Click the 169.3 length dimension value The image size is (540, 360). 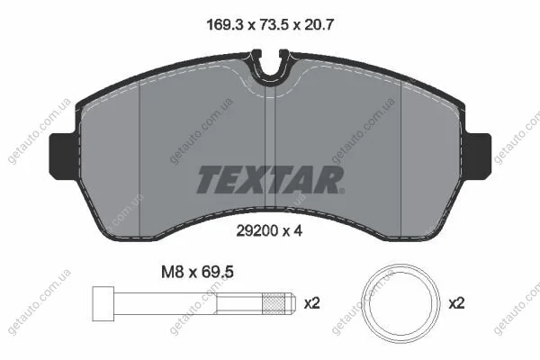pos(225,25)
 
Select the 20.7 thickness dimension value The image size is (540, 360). pos(319,25)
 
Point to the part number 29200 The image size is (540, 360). pos(257,230)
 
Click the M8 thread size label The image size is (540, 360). pos(172,272)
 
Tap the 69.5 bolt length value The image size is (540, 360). pos(217,272)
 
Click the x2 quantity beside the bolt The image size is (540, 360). pos(312,303)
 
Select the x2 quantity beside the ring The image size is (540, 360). pos(456,303)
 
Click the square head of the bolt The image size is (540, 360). pos(103,304)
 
